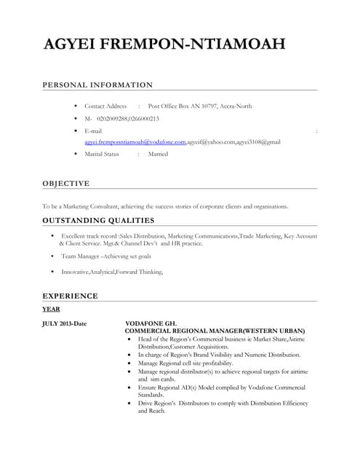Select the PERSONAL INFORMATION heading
(97, 85)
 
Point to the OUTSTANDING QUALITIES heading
(98, 219)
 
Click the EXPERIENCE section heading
(70, 296)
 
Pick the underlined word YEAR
(51, 309)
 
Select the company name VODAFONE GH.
(151, 323)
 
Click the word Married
(158, 154)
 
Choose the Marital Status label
(102, 154)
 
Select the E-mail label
(93, 130)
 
